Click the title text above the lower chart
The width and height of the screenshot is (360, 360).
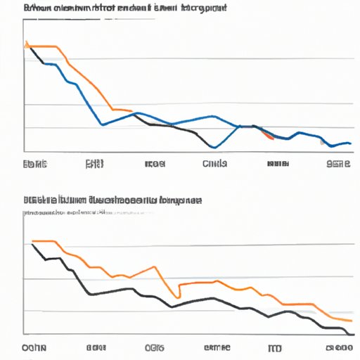pos(112,200)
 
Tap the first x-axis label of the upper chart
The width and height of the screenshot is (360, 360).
pos(34,165)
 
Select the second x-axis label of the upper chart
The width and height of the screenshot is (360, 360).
pos(94,165)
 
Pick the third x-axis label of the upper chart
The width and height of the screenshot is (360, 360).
pos(155,165)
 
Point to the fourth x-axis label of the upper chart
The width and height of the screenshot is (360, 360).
pos(214,165)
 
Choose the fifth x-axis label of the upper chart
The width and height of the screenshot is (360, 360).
pos(278,165)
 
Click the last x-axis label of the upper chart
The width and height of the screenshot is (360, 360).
pos(338,165)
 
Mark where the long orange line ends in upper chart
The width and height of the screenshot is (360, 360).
pos(131,110)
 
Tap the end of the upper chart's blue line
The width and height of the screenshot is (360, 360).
pos(350,143)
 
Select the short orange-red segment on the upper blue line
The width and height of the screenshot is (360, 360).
pos(266,135)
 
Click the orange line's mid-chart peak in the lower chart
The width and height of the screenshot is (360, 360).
pos(153,267)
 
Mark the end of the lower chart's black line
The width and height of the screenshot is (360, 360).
pos(349,328)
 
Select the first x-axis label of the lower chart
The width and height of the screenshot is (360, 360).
pos(33,348)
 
